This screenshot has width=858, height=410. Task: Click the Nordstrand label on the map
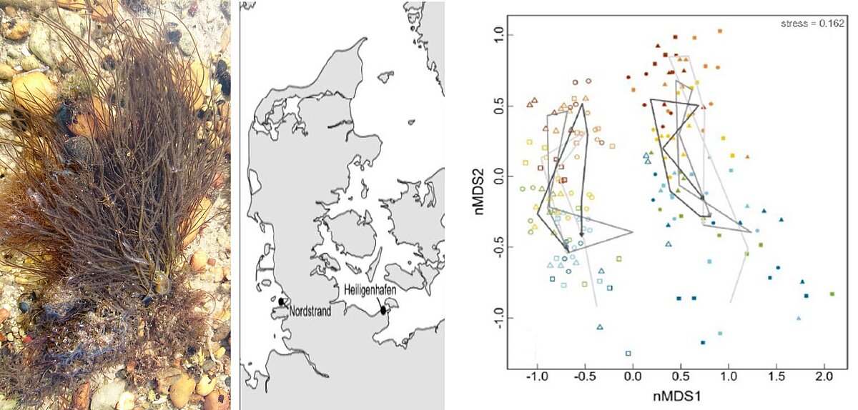point(310,311)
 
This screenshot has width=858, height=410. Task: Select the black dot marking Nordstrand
point(281,302)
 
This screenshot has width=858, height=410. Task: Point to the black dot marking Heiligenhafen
point(383,310)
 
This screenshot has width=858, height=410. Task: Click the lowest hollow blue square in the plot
point(628,353)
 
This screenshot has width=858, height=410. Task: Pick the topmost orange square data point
point(720,31)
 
